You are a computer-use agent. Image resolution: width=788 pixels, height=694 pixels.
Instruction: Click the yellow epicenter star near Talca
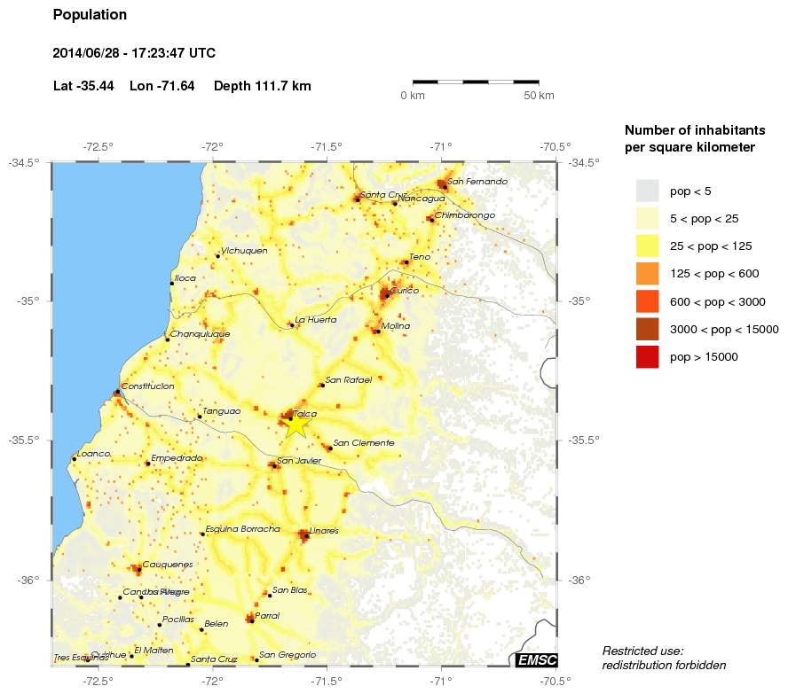click(x=295, y=425)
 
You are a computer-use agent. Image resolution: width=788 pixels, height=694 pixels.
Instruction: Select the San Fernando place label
click(x=477, y=182)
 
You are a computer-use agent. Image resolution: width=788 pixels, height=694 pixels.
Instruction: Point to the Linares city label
click(x=324, y=530)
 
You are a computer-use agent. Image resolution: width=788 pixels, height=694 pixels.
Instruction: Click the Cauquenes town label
click(x=168, y=565)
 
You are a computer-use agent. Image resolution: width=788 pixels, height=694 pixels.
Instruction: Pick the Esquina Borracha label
click(x=243, y=529)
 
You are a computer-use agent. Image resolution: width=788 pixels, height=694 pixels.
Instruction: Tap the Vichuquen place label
click(x=244, y=251)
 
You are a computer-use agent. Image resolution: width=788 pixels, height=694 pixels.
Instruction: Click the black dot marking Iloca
click(x=172, y=284)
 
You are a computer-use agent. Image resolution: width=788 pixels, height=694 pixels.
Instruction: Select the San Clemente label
click(x=363, y=443)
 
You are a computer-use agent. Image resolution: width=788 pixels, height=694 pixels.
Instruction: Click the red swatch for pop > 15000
click(x=648, y=357)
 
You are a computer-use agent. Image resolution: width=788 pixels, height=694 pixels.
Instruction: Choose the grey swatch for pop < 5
click(x=648, y=191)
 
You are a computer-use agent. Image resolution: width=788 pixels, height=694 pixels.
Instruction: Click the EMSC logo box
click(x=536, y=659)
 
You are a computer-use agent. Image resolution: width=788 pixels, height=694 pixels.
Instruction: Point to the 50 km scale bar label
click(x=539, y=96)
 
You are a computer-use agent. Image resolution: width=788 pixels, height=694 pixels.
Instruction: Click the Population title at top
click(x=90, y=15)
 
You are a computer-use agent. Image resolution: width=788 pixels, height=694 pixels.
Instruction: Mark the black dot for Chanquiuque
click(x=167, y=339)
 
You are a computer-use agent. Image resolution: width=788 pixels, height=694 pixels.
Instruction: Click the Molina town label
click(x=396, y=326)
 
